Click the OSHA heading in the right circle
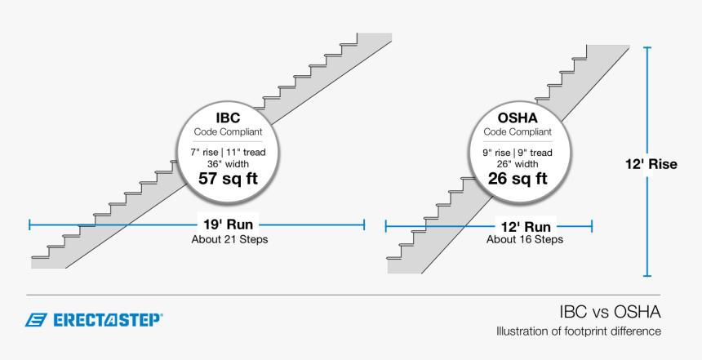(517, 118)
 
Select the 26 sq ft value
(517, 178)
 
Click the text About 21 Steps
(229, 240)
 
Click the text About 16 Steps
(525, 240)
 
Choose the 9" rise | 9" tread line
(517, 152)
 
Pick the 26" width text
(517, 163)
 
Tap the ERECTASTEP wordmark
(107, 320)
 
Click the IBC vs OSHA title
(610, 312)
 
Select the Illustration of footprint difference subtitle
(579, 331)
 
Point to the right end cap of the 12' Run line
(592, 225)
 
